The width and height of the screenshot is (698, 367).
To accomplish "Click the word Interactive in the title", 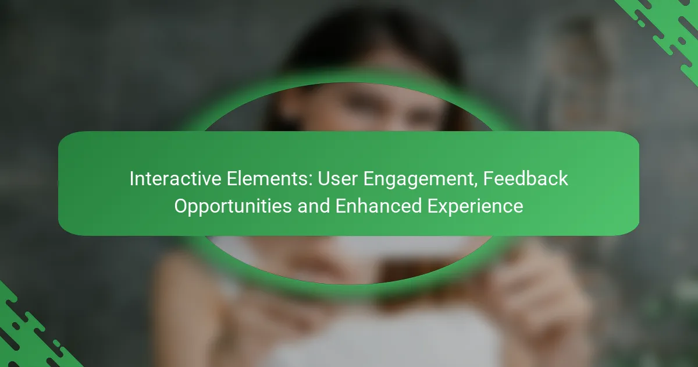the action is [x=176, y=179].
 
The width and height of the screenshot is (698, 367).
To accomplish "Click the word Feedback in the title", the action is [x=526, y=179].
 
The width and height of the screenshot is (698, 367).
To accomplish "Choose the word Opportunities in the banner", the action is [x=233, y=207].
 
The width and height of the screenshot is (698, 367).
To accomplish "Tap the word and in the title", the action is [x=314, y=206].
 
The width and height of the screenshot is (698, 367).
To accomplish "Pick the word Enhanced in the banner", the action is [x=378, y=206].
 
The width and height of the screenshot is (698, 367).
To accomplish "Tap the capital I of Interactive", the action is [x=131, y=179].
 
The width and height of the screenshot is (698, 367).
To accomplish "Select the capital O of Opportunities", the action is [x=181, y=207].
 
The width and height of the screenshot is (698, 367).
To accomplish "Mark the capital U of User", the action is [x=324, y=179].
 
